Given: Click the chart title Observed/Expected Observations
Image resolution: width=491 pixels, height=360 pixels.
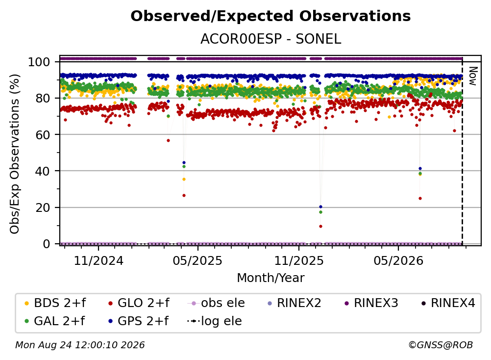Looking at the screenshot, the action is click(270, 16).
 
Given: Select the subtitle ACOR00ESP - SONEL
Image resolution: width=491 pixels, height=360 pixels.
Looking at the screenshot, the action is click(270, 39).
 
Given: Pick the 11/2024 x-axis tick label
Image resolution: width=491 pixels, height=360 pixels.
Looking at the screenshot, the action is click(98, 260).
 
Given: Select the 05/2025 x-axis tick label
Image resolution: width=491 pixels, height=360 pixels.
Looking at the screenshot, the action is click(197, 260).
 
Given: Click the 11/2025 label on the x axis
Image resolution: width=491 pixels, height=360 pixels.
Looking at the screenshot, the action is click(299, 260).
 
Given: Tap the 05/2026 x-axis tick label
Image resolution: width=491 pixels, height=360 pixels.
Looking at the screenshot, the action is click(398, 260).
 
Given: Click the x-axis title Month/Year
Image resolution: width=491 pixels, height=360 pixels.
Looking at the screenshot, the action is click(270, 278).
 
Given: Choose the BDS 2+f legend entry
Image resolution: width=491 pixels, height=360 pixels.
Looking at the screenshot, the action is click(55, 303).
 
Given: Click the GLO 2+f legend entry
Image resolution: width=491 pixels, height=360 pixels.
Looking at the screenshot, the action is click(139, 303).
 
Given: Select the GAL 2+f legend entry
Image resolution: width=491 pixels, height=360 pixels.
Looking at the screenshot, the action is click(54, 321).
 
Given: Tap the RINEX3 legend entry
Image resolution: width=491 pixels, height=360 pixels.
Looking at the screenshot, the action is click(371, 303).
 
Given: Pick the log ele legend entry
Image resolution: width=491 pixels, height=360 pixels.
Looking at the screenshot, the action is click(215, 321).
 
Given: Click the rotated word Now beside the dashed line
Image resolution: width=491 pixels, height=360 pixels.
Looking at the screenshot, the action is click(473, 76).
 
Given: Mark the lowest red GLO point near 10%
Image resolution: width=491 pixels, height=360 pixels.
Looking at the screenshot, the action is click(320, 226).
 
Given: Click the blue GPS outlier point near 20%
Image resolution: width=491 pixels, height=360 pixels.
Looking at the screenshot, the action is click(320, 207).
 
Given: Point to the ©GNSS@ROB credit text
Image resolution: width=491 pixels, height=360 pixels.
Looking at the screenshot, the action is click(441, 345).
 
